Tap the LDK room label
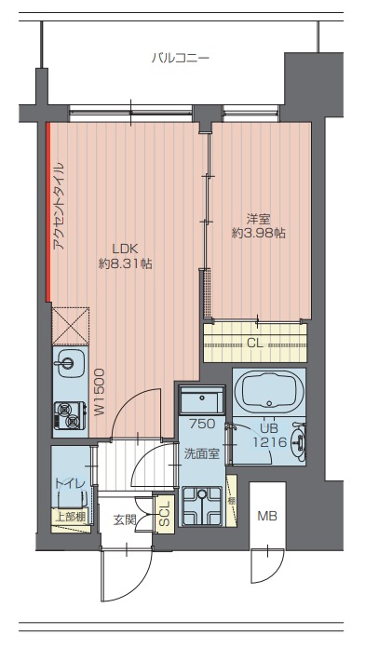point(125,249)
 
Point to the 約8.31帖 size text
point(125,263)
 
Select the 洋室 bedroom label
point(258,218)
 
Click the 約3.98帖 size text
point(258,233)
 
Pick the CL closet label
point(254,343)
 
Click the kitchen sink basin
point(68,362)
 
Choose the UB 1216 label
point(269,435)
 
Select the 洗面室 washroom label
point(200,454)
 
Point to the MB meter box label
point(267,516)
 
